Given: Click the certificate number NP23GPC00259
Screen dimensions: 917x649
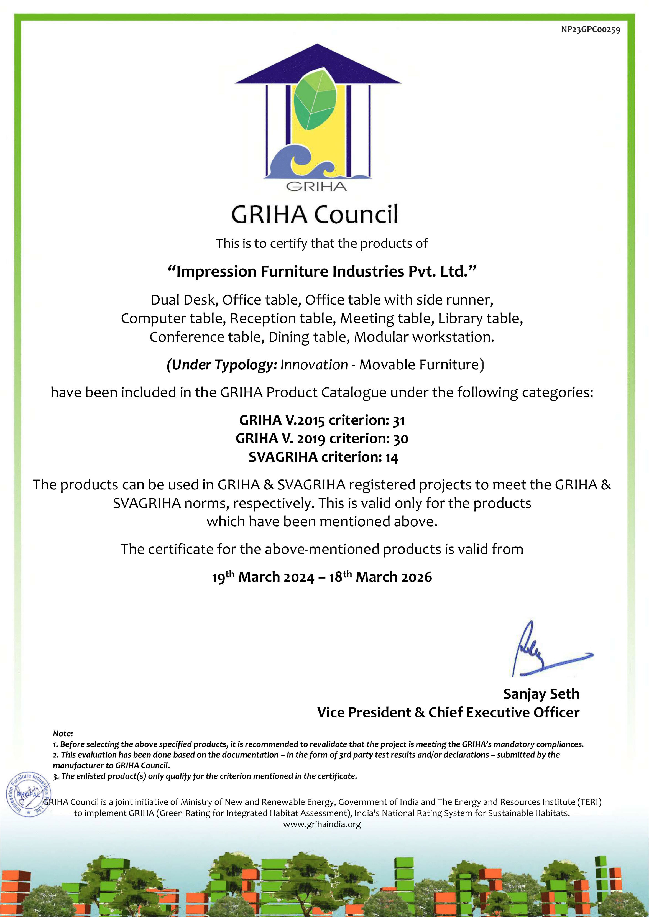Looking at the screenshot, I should coord(590,30).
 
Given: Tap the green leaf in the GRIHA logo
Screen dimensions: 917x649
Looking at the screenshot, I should coord(316,100).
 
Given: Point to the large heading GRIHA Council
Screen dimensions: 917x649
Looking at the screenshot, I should coord(315,214).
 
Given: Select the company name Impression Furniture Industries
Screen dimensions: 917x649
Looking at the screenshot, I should coord(322,271).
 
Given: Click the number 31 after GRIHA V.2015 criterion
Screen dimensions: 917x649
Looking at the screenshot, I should coord(399,420).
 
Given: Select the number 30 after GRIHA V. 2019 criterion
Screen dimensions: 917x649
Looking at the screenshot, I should coord(400,439).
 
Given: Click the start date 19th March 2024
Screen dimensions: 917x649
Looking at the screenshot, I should coord(263,577).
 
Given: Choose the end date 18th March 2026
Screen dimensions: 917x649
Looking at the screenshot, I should coord(380,577).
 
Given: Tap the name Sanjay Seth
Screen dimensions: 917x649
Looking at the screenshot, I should coord(541,694).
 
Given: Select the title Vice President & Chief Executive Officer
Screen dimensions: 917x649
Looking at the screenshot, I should coord(448,712).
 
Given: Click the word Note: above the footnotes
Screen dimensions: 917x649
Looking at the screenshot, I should coord(63,734).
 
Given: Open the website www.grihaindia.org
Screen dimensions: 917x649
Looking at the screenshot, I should coord(322,824).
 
